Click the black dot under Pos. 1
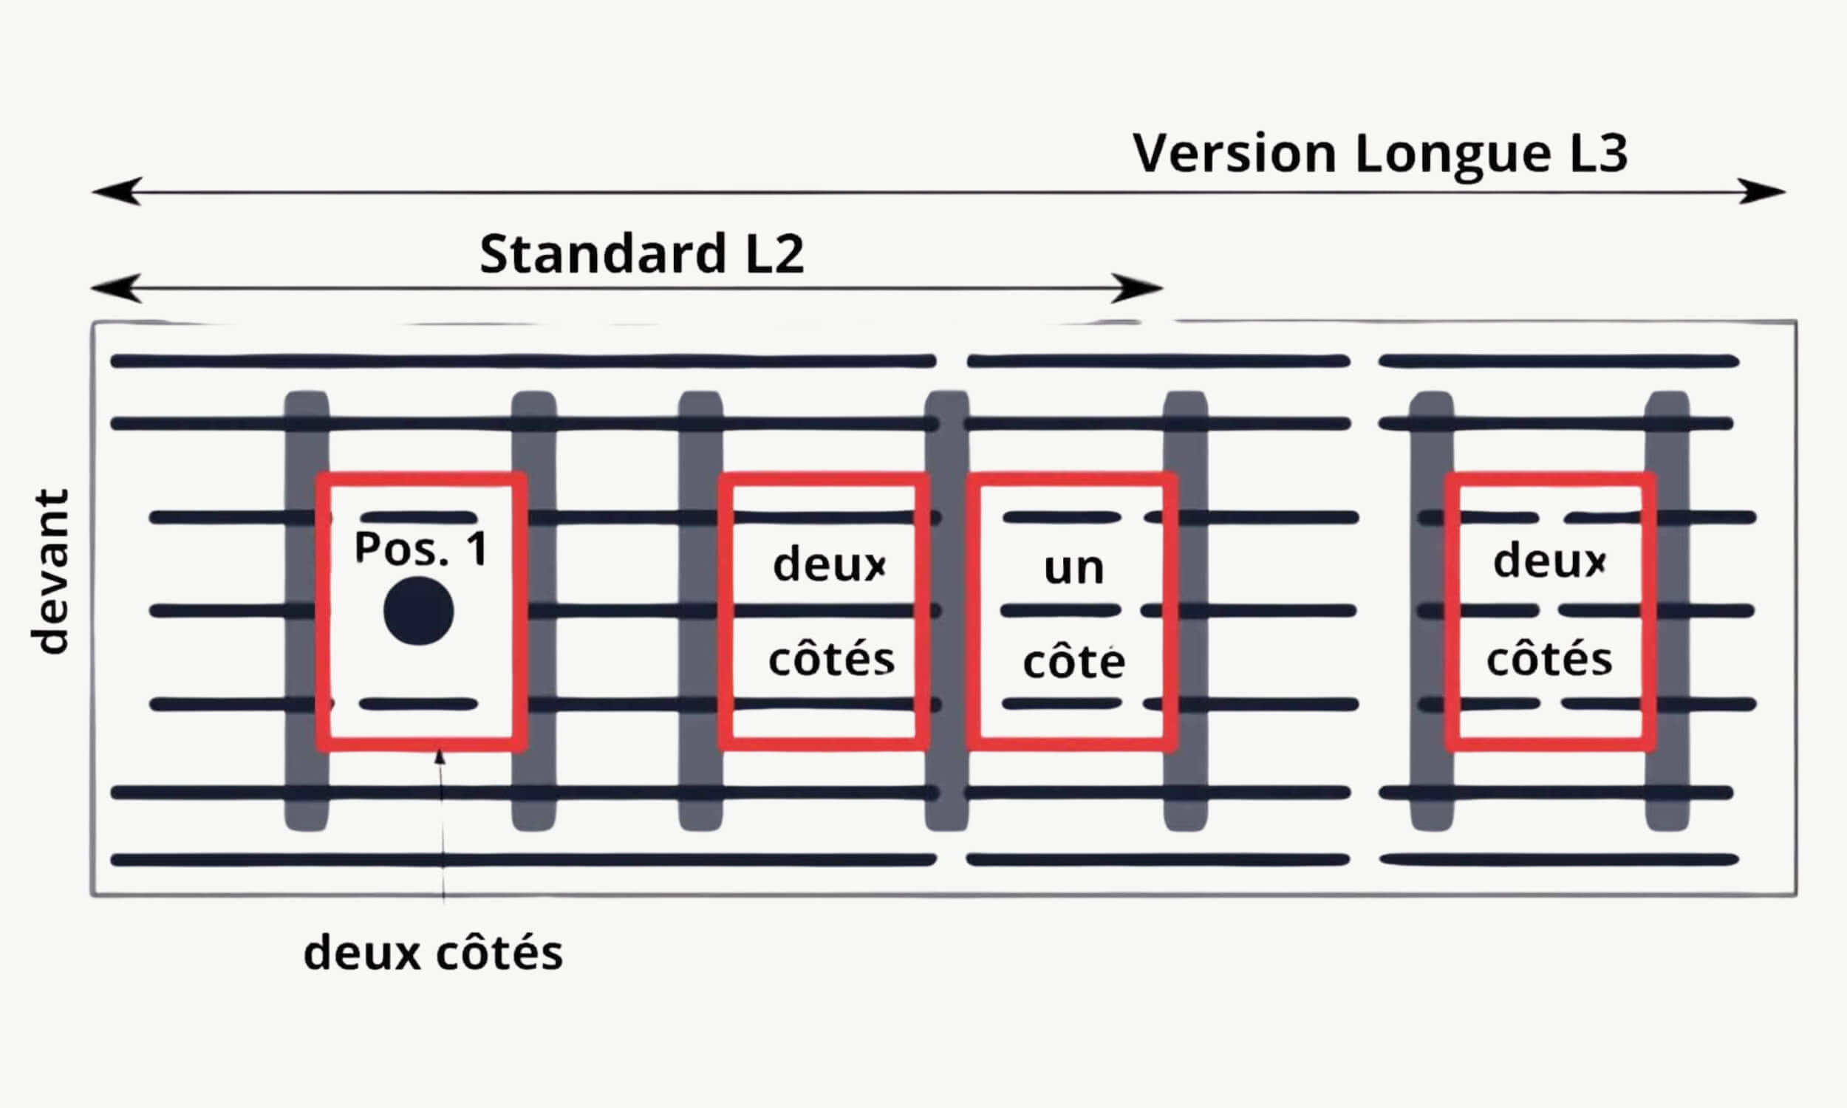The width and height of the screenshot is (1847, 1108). (x=418, y=611)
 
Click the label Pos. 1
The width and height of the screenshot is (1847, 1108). (x=421, y=548)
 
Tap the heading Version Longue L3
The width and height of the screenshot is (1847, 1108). (x=1379, y=153)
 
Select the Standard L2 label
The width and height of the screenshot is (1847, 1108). (x=641, y=253)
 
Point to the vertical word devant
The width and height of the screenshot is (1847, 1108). (x=50, y=572)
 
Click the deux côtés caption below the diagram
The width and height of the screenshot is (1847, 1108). (x=433, y=954)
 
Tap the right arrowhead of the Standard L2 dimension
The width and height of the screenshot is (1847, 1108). (x=1138, y=288)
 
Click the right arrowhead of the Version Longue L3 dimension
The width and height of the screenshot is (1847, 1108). (x=1764, y=192)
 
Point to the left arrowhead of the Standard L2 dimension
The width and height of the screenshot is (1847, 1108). (x=116, y=288)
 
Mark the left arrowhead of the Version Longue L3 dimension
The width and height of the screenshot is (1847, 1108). (x=116, y=192)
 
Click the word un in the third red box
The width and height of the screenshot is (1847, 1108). (x=1073, y=568)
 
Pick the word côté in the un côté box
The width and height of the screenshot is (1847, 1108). (x=1073, y=662)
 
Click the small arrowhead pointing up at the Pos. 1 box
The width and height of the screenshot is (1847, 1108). (x=440, y=757)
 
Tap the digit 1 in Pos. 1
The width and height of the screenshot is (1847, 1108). (x=477, y=548)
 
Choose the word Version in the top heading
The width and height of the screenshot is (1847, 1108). (x=1234, y=153)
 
